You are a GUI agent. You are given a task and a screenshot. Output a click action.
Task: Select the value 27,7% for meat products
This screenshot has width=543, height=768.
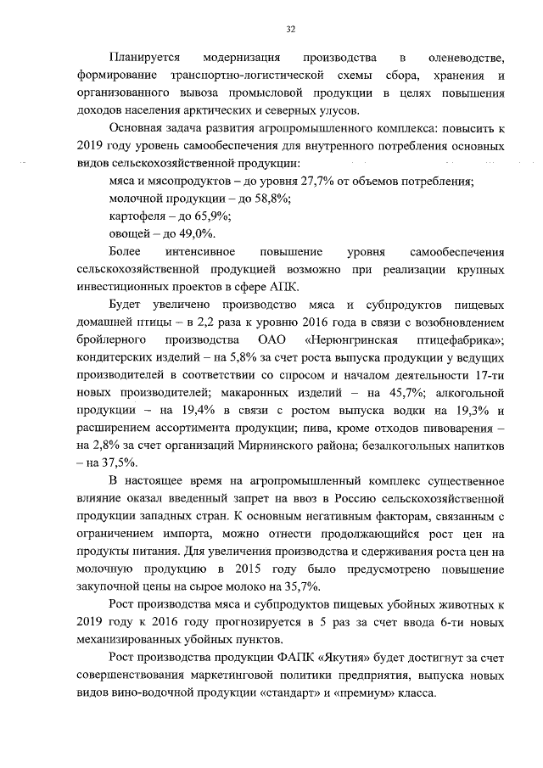coord(293,182)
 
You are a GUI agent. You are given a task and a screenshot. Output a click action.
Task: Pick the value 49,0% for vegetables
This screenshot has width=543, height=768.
coord(198,233)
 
